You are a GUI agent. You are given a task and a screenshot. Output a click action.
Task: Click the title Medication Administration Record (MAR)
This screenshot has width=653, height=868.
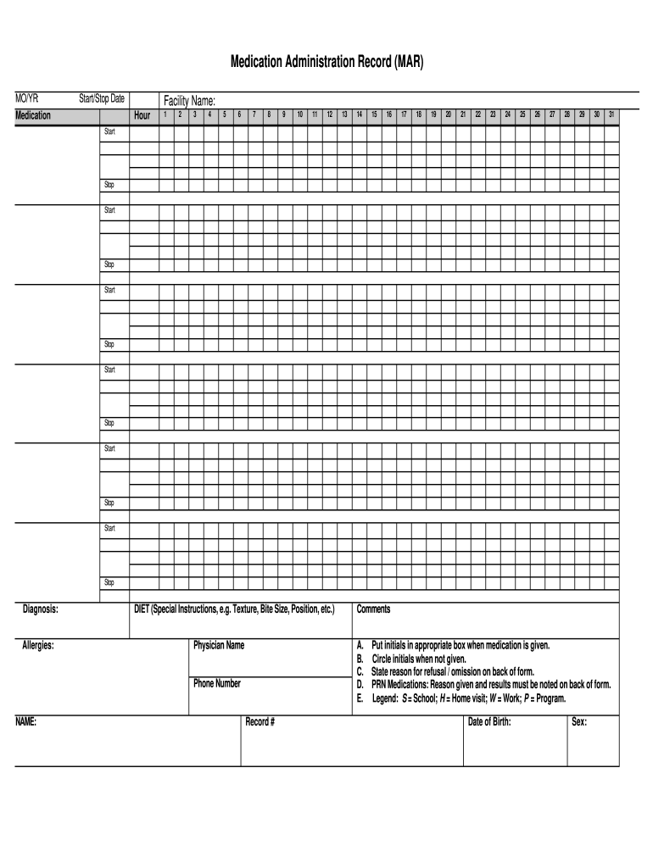click(x=326, y=63)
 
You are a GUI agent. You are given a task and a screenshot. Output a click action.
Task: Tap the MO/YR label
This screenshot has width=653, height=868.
click(x=27, y=99)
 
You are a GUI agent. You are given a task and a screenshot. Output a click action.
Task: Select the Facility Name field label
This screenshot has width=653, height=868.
click(x=190, y=102)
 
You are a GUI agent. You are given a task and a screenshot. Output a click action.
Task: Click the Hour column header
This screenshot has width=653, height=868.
click(x=142, y=115)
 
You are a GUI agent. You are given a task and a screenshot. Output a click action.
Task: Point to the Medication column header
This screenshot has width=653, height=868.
click(x=33, y=115)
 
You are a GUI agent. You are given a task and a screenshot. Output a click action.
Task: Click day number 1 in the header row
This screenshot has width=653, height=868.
click(x=166, y=114)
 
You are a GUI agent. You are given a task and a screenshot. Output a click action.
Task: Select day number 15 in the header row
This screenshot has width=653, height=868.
click(x=374, y=114)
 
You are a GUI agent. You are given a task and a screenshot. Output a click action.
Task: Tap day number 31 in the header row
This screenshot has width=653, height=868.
click(x=611, y=114)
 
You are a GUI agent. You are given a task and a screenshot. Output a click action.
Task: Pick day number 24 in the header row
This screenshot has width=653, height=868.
click(x=507, y=114)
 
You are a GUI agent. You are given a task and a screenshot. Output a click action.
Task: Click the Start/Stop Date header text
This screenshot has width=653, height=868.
click(x=101, y=99)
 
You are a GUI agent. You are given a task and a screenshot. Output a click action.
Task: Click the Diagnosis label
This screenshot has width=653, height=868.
click(x=41, y=609)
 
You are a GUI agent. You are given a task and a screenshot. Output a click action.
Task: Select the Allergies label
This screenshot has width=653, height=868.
click(x=39, y=646)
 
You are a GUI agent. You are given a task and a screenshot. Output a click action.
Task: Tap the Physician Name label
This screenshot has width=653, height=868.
click(x=219, y=646)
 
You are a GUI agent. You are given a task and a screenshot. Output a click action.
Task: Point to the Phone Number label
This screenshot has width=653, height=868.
click(x=217, y=683)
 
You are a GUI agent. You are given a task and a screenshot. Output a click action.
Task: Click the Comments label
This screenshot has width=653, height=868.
click(x=373, y=609)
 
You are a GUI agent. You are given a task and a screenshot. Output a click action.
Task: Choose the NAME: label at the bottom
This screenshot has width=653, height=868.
click(x=26, y=722)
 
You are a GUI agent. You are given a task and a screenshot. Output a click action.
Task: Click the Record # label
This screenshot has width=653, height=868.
click(x=260, y=722)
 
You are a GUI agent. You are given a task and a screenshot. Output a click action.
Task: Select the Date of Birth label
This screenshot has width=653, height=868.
click(x=489, y=722)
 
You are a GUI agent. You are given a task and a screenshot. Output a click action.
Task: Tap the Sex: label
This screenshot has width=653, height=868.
click(x=579, y=722)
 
